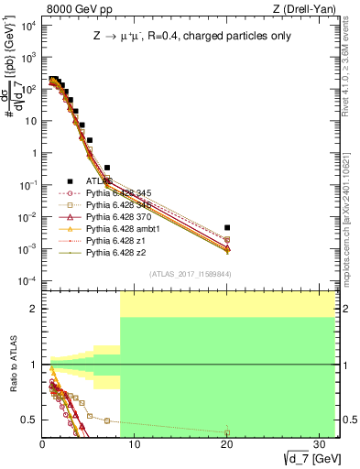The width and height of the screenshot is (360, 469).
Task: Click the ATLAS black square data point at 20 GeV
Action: point(227,227)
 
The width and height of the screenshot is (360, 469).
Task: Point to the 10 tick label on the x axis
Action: point(135,443)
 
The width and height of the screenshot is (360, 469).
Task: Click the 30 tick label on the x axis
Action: point(318,443)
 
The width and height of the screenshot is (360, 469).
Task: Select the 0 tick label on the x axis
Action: point(43,443)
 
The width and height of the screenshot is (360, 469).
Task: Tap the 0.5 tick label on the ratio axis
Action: point(29,420)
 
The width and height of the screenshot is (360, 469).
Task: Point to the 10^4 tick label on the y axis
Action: point(27,25)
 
